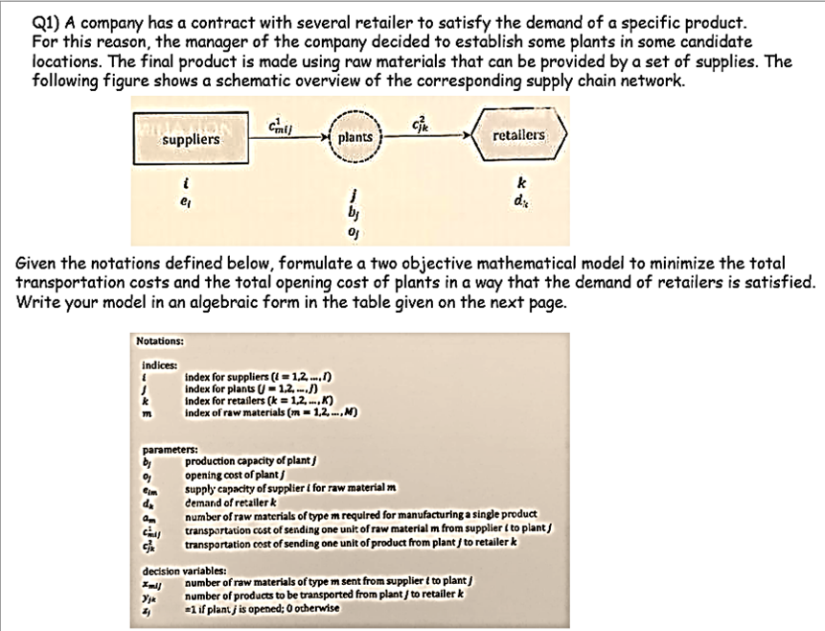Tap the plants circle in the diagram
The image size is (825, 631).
coord(355,138)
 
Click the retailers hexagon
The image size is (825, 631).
coord(517,136)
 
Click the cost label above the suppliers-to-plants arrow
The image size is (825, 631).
coord(275,122)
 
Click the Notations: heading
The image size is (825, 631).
coord(160,340)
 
